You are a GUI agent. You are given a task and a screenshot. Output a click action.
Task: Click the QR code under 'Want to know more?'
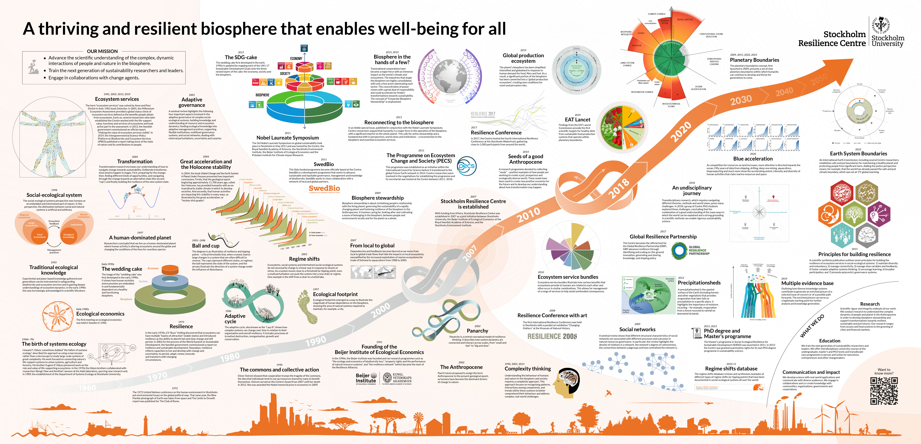884,391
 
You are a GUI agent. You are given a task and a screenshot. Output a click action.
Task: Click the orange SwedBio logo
324,189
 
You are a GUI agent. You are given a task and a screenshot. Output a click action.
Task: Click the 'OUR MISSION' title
102,51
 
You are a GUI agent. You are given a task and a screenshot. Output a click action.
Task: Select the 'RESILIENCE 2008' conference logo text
552,336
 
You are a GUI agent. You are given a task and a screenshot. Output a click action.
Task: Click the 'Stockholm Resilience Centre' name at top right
832,39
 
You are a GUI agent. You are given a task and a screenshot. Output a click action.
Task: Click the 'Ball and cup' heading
206,246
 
